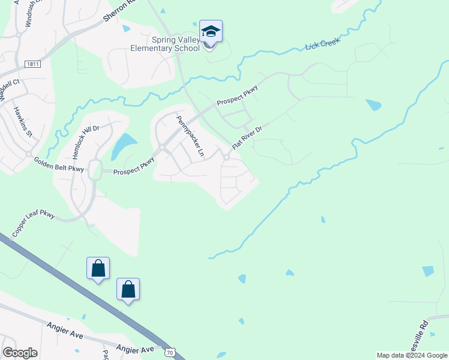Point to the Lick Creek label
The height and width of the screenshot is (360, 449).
pos(322,44)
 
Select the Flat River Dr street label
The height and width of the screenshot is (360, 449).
pos(247,137)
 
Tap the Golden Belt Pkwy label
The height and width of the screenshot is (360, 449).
pos(59,164)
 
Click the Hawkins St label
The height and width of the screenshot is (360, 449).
pos(23,122)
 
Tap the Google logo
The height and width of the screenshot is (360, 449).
pos(20,353)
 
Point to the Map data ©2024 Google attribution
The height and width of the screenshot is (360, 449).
pos(412,355)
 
